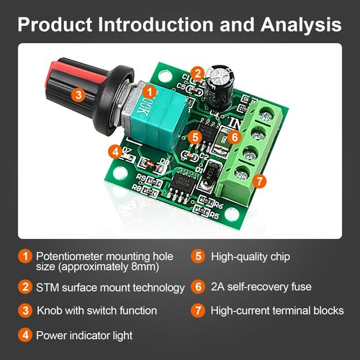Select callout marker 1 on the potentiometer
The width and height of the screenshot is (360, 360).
[150, 91]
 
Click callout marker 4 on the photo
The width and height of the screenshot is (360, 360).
[114, 151]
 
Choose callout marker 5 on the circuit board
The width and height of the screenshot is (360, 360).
[194, 137]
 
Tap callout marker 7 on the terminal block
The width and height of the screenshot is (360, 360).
[261, 181]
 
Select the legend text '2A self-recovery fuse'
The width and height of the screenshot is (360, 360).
[261, 287]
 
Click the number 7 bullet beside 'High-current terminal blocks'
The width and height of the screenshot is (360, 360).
[199, 311]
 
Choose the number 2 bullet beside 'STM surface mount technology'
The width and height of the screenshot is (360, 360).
[25, 287]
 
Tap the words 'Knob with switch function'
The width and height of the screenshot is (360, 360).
[96, 311]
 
